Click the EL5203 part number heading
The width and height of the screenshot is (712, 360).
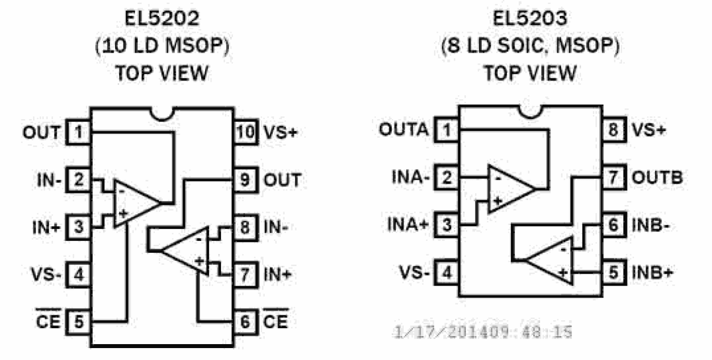coord(530,19)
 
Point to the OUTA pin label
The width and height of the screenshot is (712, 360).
coord(404,130)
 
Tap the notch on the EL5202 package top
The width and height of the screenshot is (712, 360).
coord(162,113)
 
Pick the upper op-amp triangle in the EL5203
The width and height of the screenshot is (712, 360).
coord(508,189)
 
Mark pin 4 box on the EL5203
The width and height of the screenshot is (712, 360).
coord(448,272)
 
